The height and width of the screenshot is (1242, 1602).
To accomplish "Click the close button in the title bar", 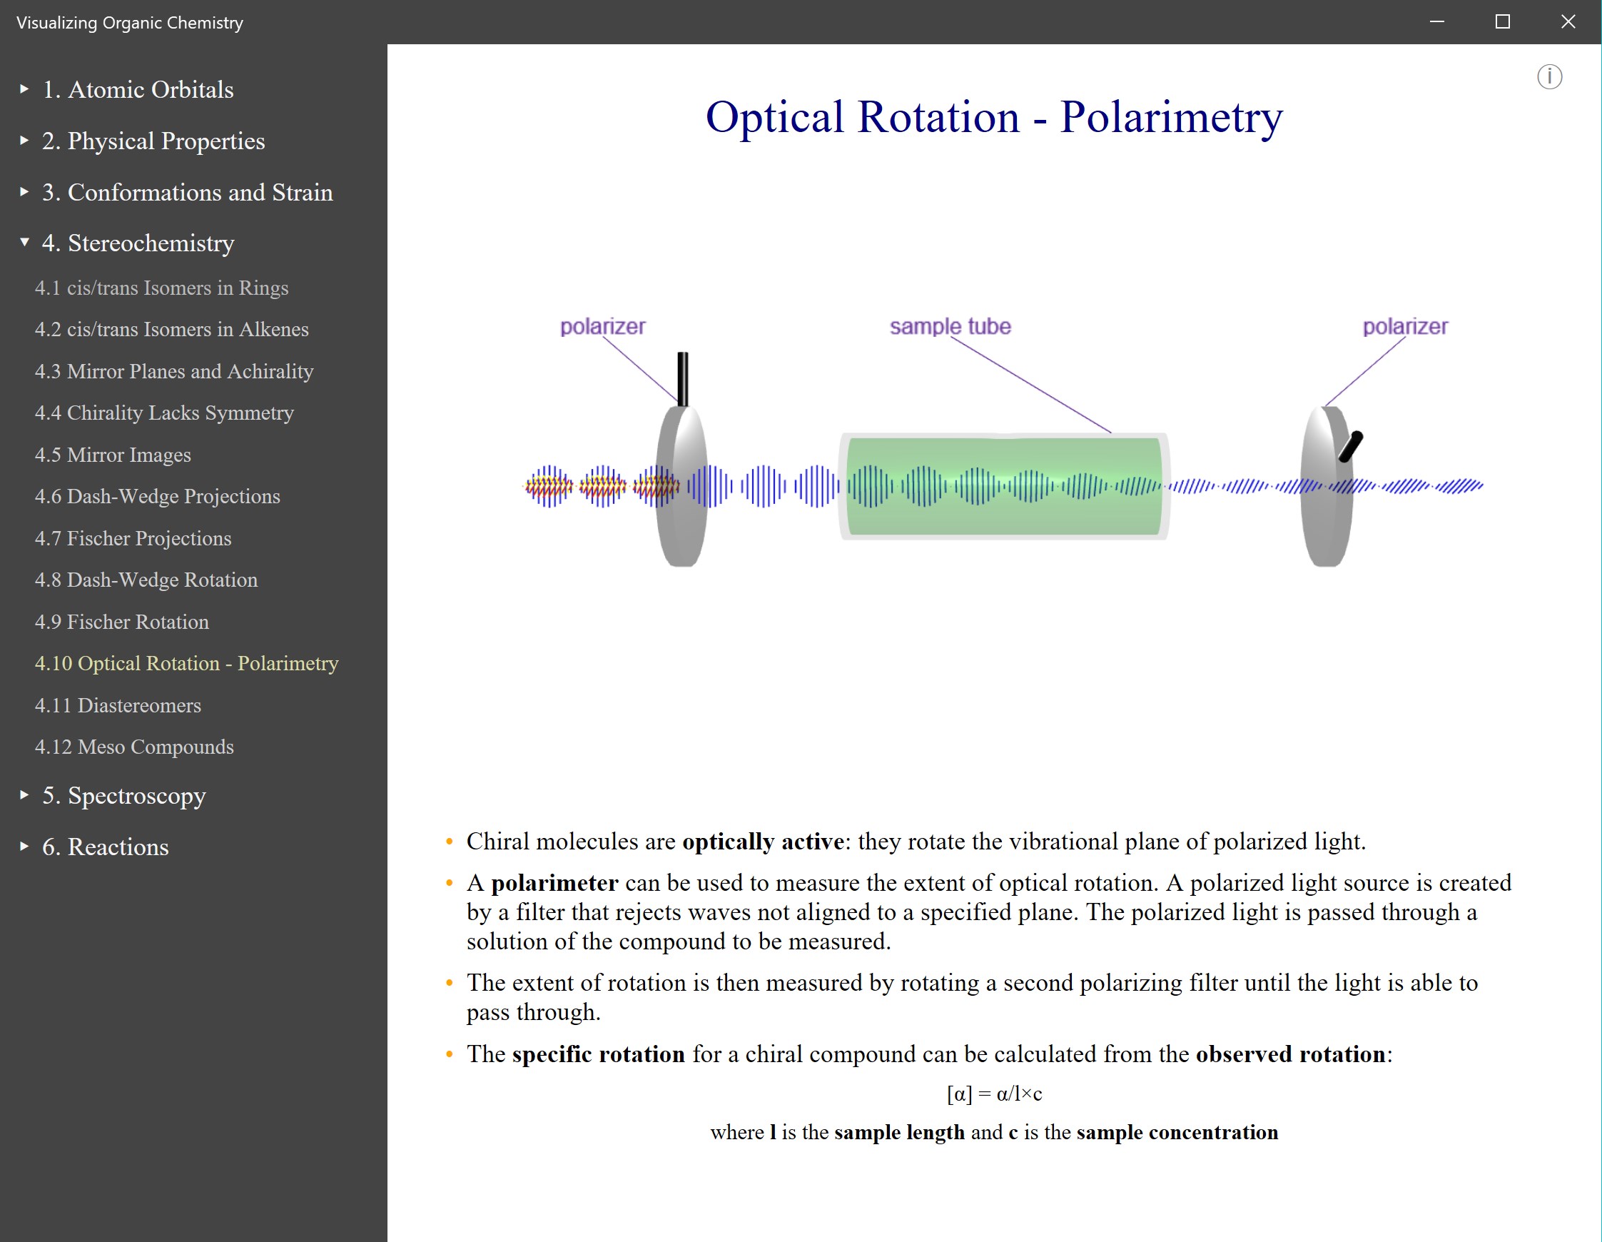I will [1568, 22].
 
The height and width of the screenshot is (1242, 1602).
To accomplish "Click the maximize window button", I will [1502, 22].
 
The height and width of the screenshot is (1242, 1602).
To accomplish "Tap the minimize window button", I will [1437, 22].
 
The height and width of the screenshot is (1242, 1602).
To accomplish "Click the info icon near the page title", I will [1549, 77].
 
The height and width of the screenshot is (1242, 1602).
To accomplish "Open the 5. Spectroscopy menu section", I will [123, 795].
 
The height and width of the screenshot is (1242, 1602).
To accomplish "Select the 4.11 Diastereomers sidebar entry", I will [117, 705].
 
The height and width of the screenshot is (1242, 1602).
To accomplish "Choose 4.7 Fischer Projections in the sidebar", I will [133, 538].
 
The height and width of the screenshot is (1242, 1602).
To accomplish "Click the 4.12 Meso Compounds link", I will [133, 747].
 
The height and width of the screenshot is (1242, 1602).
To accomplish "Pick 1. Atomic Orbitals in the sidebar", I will [138, 89].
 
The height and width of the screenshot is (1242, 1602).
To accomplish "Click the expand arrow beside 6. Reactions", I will [24, 847].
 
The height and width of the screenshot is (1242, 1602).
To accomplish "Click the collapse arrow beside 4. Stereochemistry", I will [24, 242].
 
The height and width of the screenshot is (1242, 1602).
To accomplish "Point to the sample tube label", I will [950, 326].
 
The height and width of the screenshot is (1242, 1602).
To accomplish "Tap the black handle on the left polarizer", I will [683, 378].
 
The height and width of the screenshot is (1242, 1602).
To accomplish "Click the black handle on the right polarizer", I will [1350, 446].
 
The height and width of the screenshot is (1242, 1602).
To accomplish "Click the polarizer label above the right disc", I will [1404, 326].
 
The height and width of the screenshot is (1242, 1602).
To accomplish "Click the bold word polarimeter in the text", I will [554, 882].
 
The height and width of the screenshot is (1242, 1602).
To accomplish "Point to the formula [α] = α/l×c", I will [994, 1094].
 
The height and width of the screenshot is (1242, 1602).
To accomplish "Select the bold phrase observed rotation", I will [1290, 1054].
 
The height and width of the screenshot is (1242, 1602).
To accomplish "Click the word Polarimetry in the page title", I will [1171, 117].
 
